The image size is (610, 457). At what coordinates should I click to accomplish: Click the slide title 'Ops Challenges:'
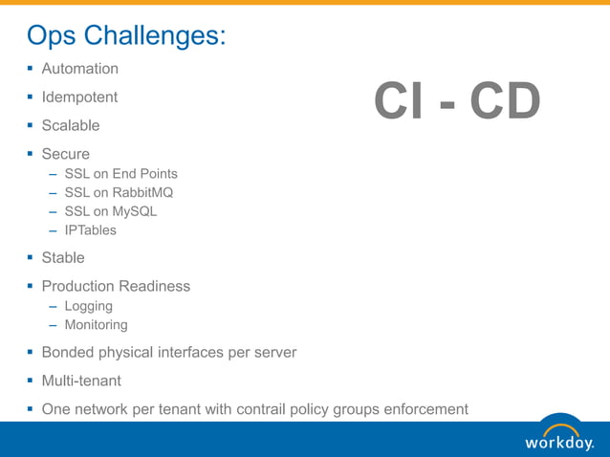pyautogui.click(x=126, y=35)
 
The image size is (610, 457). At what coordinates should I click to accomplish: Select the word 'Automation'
pyautogui.click(x=80, y=69)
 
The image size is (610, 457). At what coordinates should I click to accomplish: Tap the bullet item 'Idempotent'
pyautogui.click(x=79, y=98)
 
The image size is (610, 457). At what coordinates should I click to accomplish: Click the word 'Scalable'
pyautogui.click(x=70, y=125)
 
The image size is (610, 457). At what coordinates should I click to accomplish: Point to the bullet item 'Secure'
pyautogui.click(x=65, y=154)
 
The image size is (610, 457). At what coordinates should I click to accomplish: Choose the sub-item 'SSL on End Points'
pyautogui.click(x=120, y=174)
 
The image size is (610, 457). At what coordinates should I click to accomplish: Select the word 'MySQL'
pyautogui.click(x=134, y=211)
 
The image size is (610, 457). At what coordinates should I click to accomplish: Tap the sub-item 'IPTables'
pyautogui.click(x=90, y=229)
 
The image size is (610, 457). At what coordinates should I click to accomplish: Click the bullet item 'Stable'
pyautogui.click(x=63, y=257)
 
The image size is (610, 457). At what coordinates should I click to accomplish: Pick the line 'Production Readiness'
pyautogui.click(x=116, y=286)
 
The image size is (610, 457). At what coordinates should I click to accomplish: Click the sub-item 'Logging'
pyautogui.click(x=88, y=306)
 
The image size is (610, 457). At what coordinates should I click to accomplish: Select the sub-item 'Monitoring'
pyautogui.click(x=96, y=325)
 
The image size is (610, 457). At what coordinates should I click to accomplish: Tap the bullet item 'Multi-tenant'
pyautogui.click(x=81, y=381)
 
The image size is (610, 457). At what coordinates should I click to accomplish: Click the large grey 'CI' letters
pyautogui.click(x=396, y=102)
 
